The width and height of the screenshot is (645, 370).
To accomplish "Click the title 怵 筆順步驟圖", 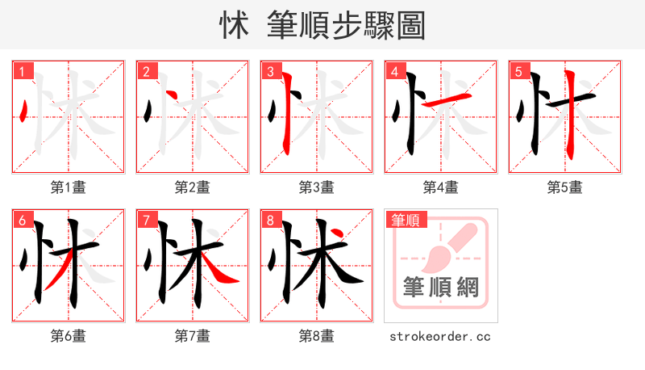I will click(322, 25).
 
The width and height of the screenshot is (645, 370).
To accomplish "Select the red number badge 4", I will click(395, 72).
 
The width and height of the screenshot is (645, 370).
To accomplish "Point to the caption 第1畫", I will click(69, 187).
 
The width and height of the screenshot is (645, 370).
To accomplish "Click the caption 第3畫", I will click(316, 187).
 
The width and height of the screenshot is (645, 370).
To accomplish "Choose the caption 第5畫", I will click(564, 187).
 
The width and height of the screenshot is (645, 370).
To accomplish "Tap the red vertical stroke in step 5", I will click(570, 113).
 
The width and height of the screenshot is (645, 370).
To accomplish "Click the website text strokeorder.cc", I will click(440, 336).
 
